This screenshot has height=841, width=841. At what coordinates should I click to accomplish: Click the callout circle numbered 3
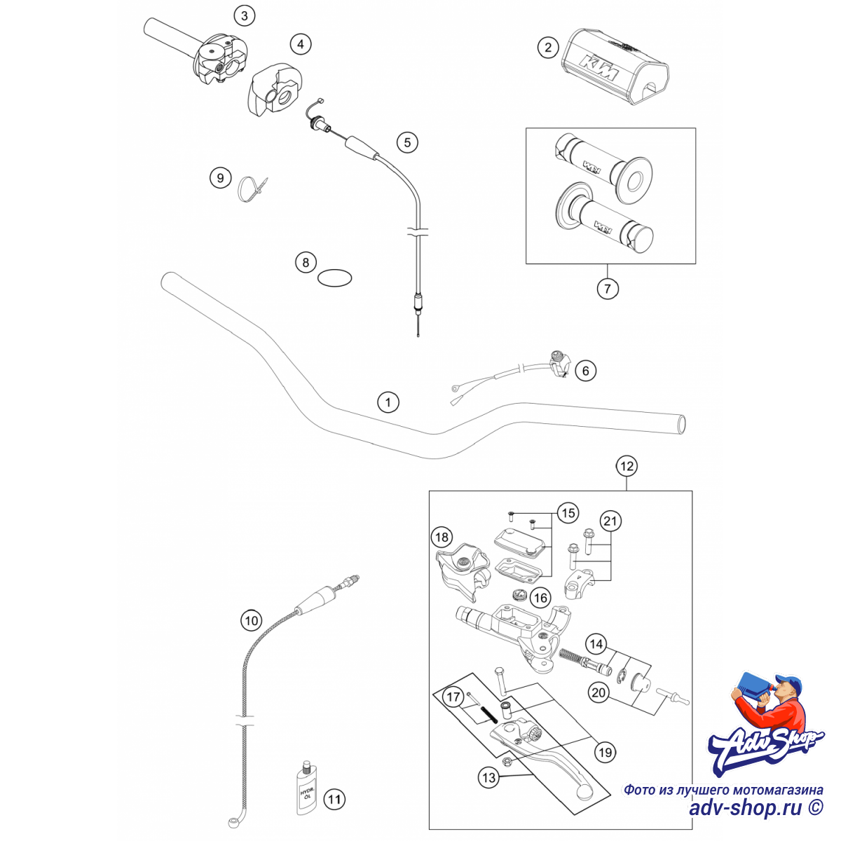tap(244, 15)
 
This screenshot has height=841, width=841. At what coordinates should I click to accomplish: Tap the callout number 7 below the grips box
tap(608, 289)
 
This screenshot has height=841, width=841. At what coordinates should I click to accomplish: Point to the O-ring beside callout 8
tap(334, 278)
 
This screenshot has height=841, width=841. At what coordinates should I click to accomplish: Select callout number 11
tap(334, 799)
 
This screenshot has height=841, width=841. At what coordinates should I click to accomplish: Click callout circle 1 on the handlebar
tap(388, 402)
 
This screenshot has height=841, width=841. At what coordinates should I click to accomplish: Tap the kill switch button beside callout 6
tap(559, 364)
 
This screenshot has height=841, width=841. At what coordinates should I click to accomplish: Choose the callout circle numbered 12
tap(627, 466)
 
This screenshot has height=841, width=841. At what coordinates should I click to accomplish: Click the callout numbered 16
tap(540, 598)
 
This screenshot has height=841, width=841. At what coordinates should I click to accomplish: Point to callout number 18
tap(442, 538)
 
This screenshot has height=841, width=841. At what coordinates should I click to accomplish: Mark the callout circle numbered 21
tap(610, 521)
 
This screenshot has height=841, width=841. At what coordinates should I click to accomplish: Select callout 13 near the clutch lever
tap(488, 777)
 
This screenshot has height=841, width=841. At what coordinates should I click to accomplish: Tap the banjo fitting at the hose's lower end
tap(234, 823)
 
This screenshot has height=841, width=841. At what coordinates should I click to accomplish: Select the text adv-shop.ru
tap(746, 807)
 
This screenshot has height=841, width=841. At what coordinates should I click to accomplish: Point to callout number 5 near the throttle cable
tap(407, 142)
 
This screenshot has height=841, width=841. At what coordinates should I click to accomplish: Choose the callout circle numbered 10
tap(252, 620)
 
